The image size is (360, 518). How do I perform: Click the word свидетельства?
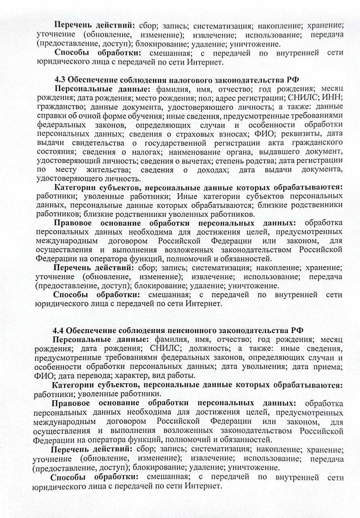click(97, 142)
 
